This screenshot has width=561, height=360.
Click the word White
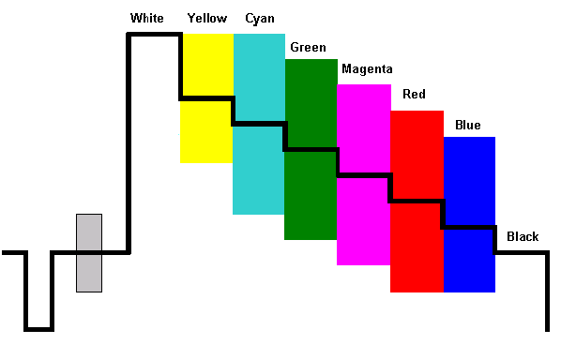click(146, 18)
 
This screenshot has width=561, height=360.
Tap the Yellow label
click(206, 18)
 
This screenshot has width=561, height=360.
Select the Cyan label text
click(260, 18)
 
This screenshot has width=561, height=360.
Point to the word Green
click(309, 47)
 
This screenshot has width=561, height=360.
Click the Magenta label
click(367, 69)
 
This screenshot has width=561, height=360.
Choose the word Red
click(414, 95)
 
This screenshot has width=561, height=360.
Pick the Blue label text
click(467, 125)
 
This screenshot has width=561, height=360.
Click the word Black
click(523, 236)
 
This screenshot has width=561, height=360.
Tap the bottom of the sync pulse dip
click(39, 329)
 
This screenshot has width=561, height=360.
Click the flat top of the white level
click(154, 36)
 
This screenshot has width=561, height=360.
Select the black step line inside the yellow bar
click(206, 97)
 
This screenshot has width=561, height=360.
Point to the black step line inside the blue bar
click(468, 227)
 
